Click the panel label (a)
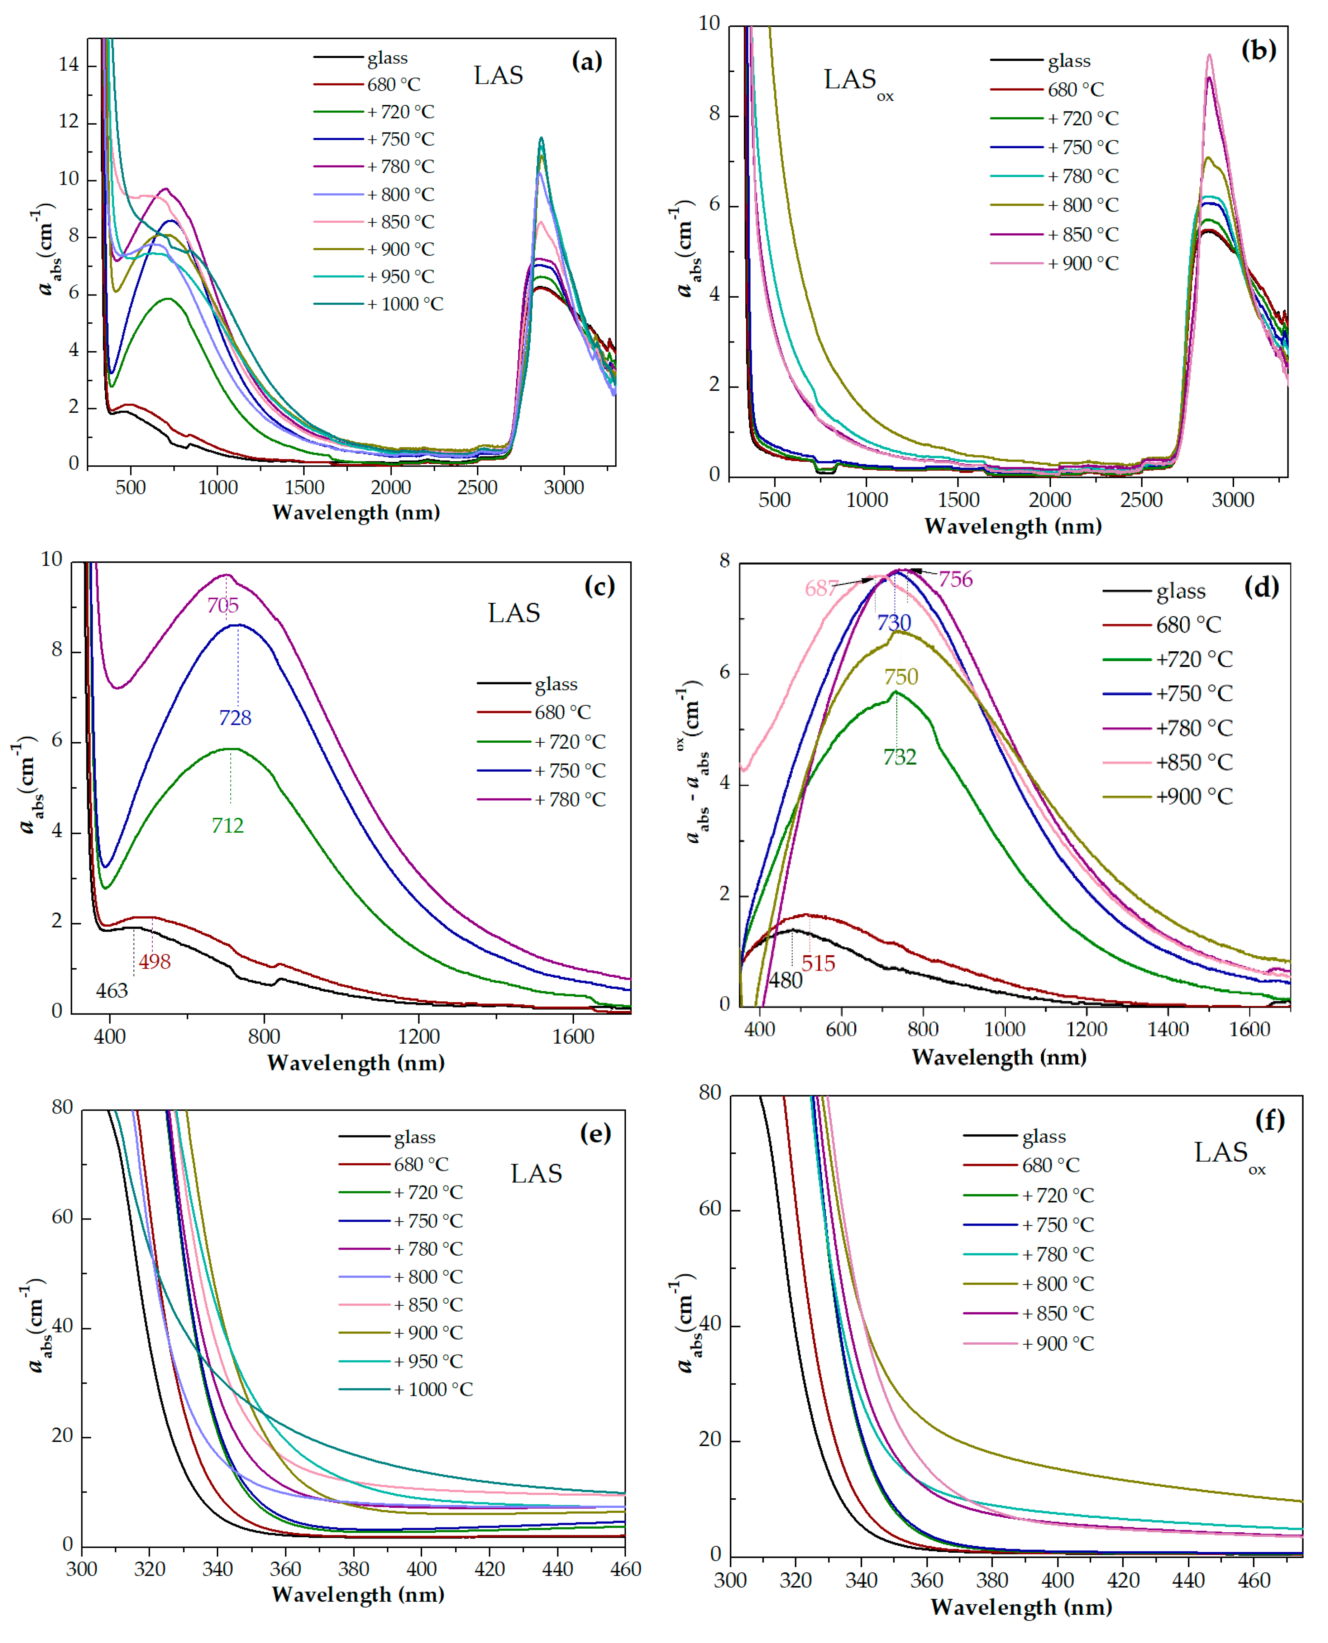[587, 61]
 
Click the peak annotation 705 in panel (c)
[223, 605]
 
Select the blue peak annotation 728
[235, 718]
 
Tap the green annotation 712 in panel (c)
[227, 825]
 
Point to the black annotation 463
[112, 991]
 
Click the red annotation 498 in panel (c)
[154, 962]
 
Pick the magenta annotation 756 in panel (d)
[955, 579]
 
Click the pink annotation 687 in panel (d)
[821, 588]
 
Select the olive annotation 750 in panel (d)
[901, 676]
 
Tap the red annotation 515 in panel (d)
[818, 963]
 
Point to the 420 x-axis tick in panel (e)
[489, 1569]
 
